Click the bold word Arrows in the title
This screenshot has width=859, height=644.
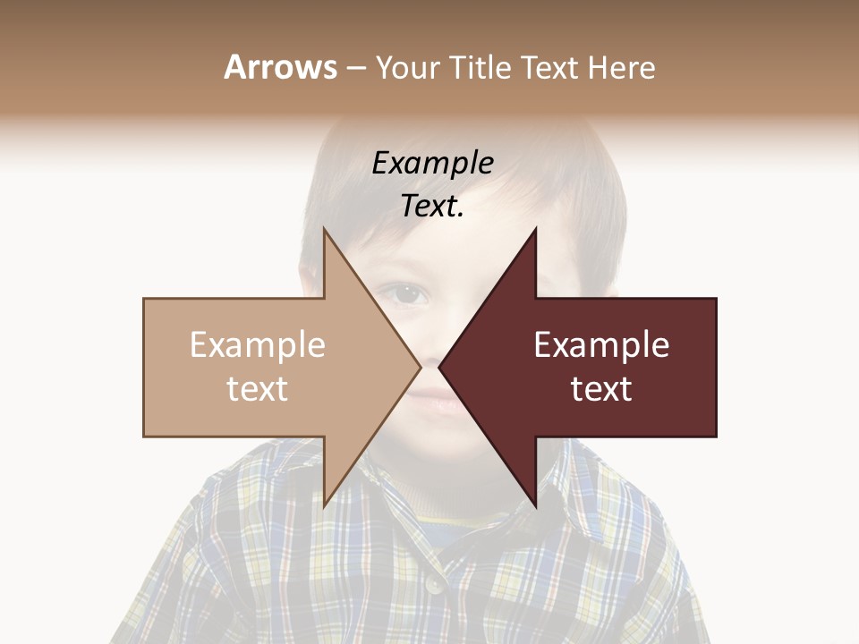point(280,67)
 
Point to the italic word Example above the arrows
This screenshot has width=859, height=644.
point(432,164)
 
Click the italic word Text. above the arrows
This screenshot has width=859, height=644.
point(432,207)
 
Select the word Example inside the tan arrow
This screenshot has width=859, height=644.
point(258,345)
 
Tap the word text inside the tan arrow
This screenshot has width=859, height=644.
point(258,388)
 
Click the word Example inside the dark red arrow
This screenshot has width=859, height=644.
point(601,345)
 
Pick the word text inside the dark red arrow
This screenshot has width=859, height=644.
point(601,388)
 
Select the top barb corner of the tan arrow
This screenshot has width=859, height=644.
point(324,229)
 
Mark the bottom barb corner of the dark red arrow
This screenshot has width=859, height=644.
point(536,505)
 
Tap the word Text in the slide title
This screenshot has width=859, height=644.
point(549,67)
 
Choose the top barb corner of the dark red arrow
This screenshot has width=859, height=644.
point(536,229)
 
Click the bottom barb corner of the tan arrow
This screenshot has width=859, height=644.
point(324,505)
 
